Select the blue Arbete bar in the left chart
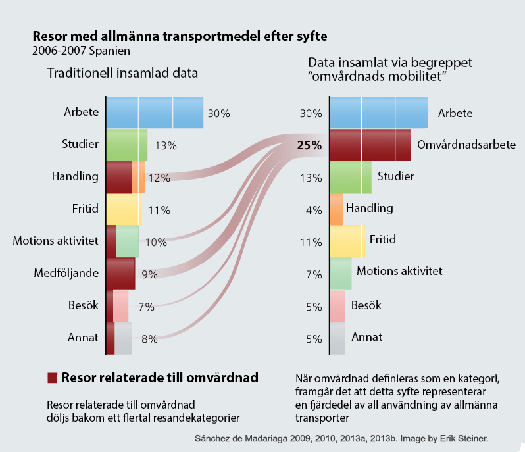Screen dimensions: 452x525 [x=154, y=113]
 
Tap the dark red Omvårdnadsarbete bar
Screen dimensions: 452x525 [x=370, y=145]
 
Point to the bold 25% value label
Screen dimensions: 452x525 [x=309, y=145]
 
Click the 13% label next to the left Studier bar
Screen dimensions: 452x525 [x=166, y=146]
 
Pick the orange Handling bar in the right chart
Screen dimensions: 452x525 [x=336, y=209]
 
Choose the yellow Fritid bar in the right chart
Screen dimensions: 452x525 [x=347, y=241]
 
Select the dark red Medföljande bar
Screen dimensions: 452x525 [x=120, y=274]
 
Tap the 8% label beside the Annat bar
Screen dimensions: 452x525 [x=149, y=339]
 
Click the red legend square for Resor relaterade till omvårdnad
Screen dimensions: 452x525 [x=52, y=378]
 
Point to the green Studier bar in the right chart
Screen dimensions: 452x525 [x=350, y=177]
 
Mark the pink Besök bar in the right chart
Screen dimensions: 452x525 [x=337, y=306]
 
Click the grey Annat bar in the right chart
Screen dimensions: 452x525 [x=337, y=338]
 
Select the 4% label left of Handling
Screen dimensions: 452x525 [x=313, y=211]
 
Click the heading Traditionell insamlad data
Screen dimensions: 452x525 [x=122, y=73]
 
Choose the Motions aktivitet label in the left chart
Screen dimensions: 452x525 [x=55, y=241]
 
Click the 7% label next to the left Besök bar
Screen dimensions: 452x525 [x=146, y=307]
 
